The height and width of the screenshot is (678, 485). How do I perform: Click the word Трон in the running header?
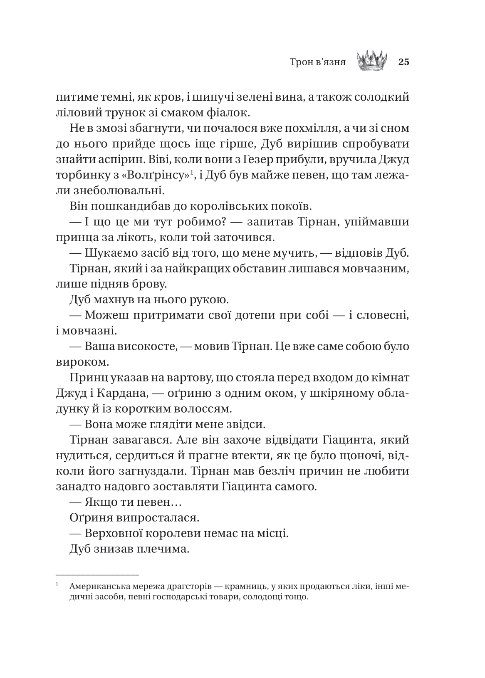point(301,63)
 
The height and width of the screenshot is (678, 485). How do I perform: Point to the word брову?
point(145,285)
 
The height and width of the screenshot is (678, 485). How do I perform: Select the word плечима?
point(166,549)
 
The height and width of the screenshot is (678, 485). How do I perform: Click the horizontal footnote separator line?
point(97,575)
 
